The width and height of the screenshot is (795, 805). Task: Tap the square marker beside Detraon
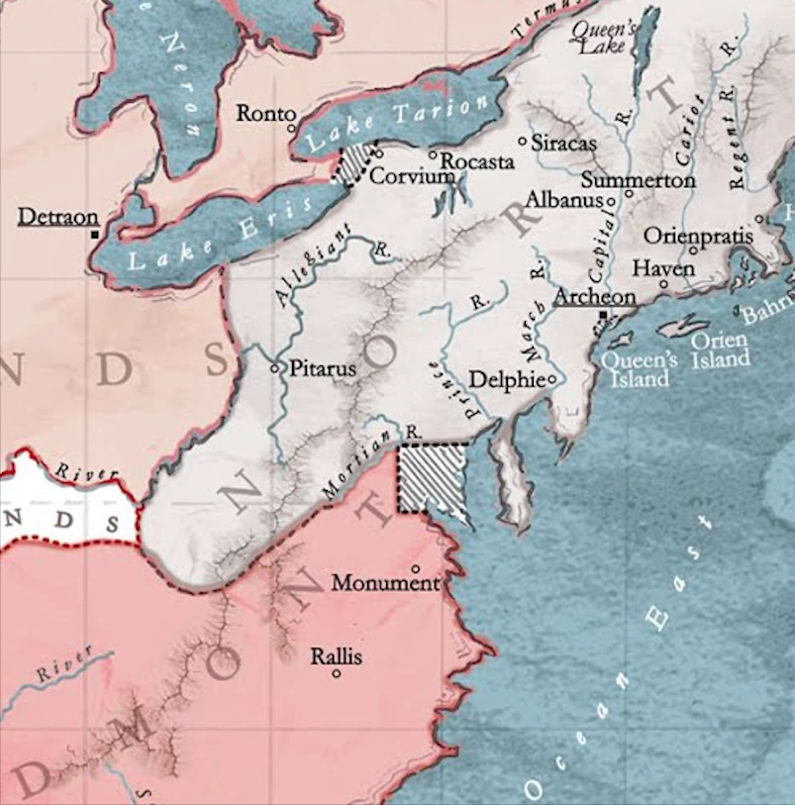94,235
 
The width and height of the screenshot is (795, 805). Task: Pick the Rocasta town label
477,161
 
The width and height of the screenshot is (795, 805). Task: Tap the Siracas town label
564,143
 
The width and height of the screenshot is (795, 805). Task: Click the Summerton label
638,181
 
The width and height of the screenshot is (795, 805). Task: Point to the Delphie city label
506,379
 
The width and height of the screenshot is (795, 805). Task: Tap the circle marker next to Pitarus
276,367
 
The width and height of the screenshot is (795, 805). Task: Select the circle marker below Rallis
337,674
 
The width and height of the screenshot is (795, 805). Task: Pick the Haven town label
663,268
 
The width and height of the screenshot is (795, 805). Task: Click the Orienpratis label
698,237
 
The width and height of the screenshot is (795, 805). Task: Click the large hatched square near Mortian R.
433,477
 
